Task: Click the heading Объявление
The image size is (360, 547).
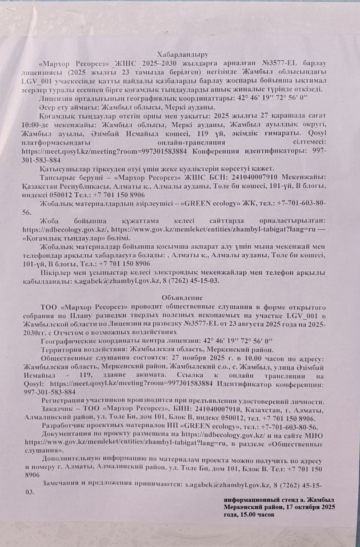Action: pos(182,297)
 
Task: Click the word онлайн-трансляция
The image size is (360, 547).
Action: pos(191,142)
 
